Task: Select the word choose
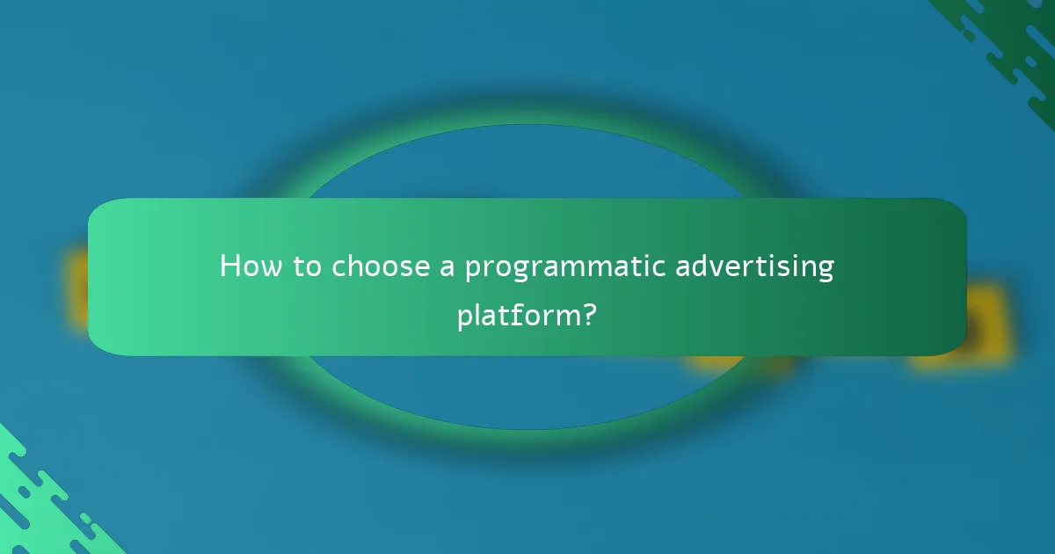pos(382,266)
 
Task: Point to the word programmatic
pos(564,267)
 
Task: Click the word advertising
pos(754,267)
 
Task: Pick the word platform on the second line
pos(515,315)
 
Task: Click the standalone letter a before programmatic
pos(447,267)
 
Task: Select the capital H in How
pos(230,266)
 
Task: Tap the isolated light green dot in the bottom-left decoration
pos(85,519)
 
